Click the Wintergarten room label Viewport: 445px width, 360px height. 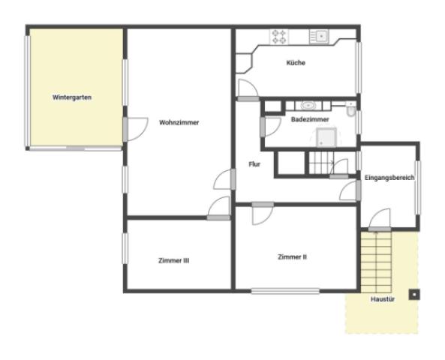click(72, 97)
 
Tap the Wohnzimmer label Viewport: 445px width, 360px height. click(179, 122)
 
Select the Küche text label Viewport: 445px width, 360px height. click(296, 63)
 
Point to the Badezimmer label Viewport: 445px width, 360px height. click(310, 119)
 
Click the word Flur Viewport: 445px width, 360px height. click(254, 164)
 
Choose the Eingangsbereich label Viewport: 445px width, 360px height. click(389, 178)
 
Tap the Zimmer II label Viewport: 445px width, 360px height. click(293, 257)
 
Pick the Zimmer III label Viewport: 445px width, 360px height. click(173, 260)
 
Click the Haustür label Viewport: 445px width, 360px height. click(383, 299)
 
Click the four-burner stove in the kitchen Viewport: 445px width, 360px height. click(279, 37)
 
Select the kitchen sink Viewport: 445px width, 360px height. click(319, 37)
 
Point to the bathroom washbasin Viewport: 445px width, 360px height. click(308, 106)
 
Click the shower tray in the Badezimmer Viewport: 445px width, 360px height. click(326, 137)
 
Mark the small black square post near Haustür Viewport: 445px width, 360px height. click(414, 295)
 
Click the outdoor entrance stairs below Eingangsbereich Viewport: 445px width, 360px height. click(376, 262)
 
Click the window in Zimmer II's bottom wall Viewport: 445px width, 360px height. click(285, 291)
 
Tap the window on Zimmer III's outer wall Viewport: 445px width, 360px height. click(125, 248)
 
